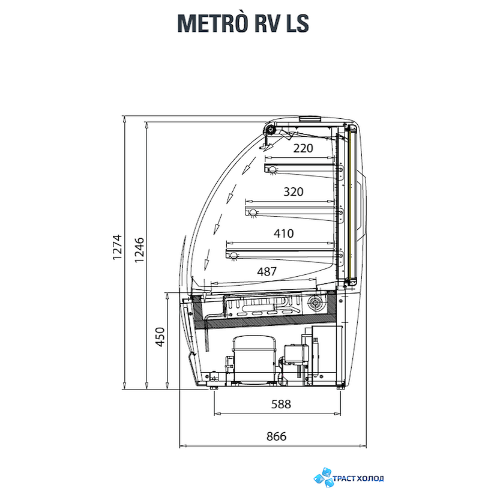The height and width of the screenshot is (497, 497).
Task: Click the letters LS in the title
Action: [x=298, y=23]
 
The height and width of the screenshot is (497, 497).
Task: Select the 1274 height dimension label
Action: [x=117, y=247]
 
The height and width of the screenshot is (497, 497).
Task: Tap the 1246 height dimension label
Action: [x=139, y=250]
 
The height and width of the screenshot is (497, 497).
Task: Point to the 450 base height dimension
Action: [x=160, y=337]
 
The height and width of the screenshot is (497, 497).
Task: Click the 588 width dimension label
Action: [x=281, y=404]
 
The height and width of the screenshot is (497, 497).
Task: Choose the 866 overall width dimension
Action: [x=276, y=436]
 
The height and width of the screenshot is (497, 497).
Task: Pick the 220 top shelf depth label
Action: [x=303, y=148]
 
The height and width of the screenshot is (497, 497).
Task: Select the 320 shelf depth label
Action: [x=293, y=191]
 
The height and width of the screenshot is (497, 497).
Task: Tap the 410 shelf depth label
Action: [x=284, y=233]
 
